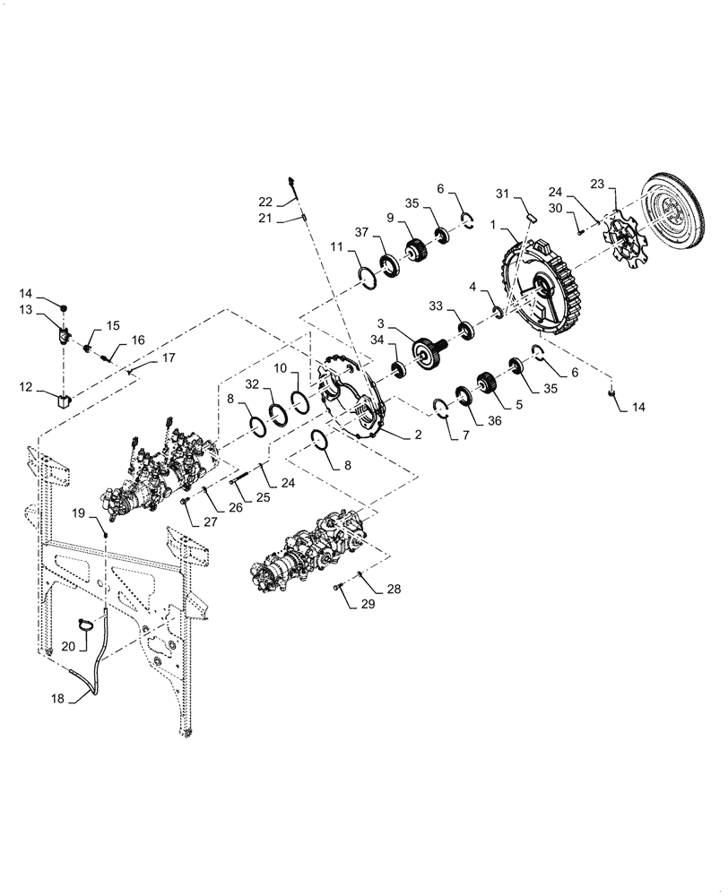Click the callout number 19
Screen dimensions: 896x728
pos(78,513)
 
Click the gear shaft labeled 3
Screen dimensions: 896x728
pos(425,347)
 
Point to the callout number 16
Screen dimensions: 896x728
pos(138,340)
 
